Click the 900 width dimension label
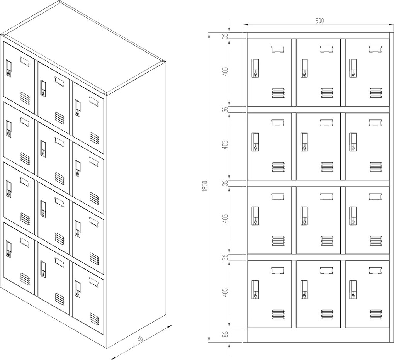point(319,21)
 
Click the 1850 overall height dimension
point(205,186)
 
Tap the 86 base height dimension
point(225,335)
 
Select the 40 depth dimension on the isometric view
point(140,339)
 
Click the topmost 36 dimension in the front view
point(226,36)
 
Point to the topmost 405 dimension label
point(226,71)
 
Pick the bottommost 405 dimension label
point(226,292)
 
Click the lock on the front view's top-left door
point(255,68)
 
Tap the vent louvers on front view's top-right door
point(376,93)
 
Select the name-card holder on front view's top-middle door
point(327,49)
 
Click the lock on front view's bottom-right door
point(353,290)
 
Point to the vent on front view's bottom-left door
point(278,314)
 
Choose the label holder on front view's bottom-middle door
point(327,270)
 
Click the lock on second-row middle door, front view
point(304,142)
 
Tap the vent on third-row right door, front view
point(376,241)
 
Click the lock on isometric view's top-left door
point(8,69)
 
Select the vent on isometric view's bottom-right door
point(94,319)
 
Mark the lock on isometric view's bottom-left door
point(8,250)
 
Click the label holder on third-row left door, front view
point(278,197)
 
